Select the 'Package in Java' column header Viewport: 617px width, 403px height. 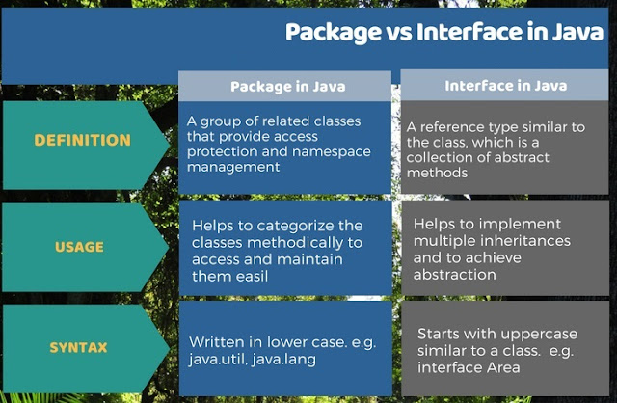point(286,87)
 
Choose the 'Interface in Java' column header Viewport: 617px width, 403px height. point(505,86)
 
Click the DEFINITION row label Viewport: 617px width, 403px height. point(82,140)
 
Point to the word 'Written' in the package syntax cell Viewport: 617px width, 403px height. point(217,342)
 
